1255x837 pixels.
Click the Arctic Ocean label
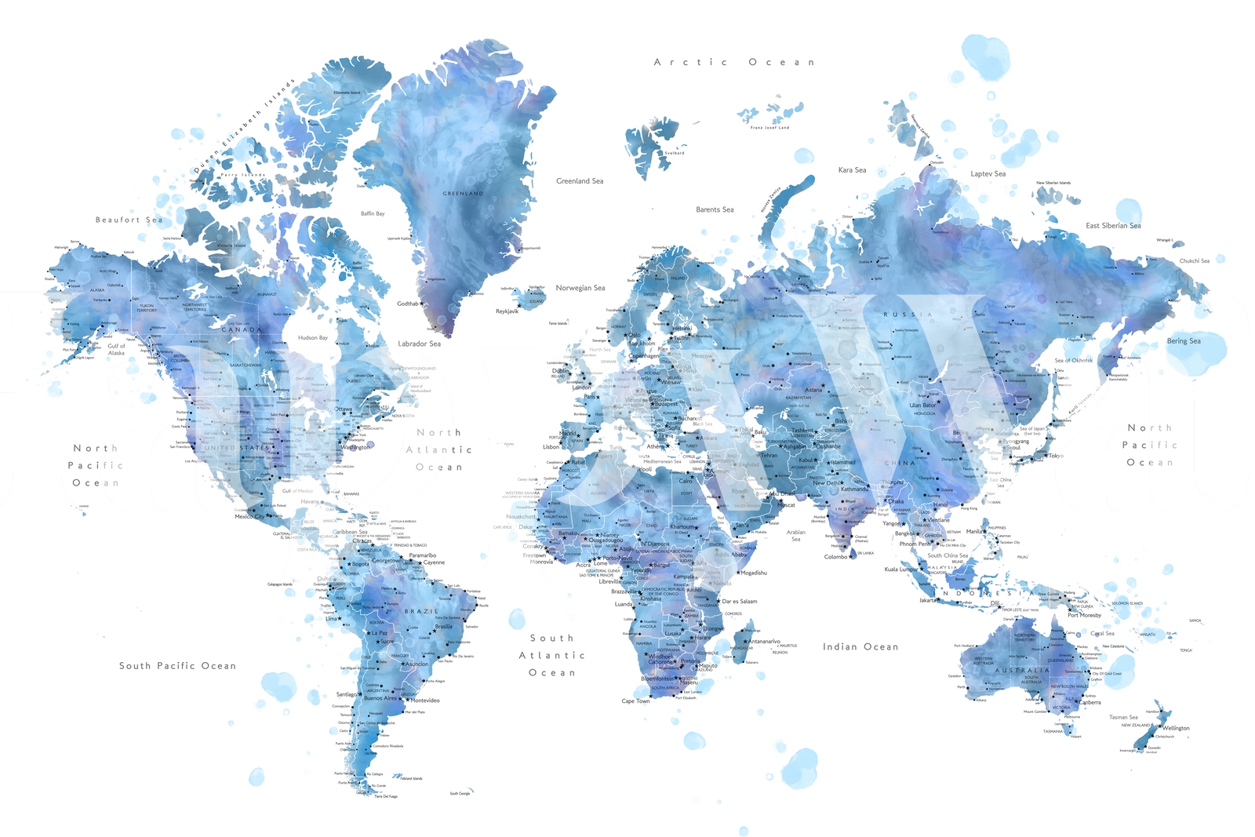pos(734,62)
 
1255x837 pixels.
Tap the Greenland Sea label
pos(580,181)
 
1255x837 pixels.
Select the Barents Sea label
pos(715,209)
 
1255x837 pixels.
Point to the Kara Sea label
pos(852,170)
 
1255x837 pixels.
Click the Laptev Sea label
pos(988,174)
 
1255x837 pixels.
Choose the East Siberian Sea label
pos(1113,226)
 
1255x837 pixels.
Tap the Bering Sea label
pos(1184,341)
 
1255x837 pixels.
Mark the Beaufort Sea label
pos(129,220)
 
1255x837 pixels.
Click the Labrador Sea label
pos(419,344)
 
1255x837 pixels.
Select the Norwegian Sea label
pos(580,288)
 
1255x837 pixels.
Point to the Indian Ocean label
pos(860,647)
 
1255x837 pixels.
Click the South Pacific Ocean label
pos(177,666)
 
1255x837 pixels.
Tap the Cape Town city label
pos(635,701)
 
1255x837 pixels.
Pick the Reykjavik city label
pos(507,311)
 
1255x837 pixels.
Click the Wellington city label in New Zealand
pos(1176,728)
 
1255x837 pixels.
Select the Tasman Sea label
pos(1123,717)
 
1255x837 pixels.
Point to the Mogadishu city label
pos(754,573)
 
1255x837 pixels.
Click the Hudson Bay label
pos(312,338)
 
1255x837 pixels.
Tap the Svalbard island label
pos(675,153)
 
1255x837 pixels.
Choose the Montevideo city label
pos(425,701)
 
